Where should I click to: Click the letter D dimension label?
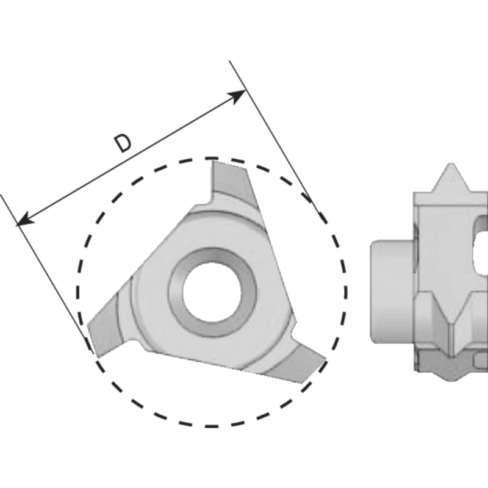[123, 143]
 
